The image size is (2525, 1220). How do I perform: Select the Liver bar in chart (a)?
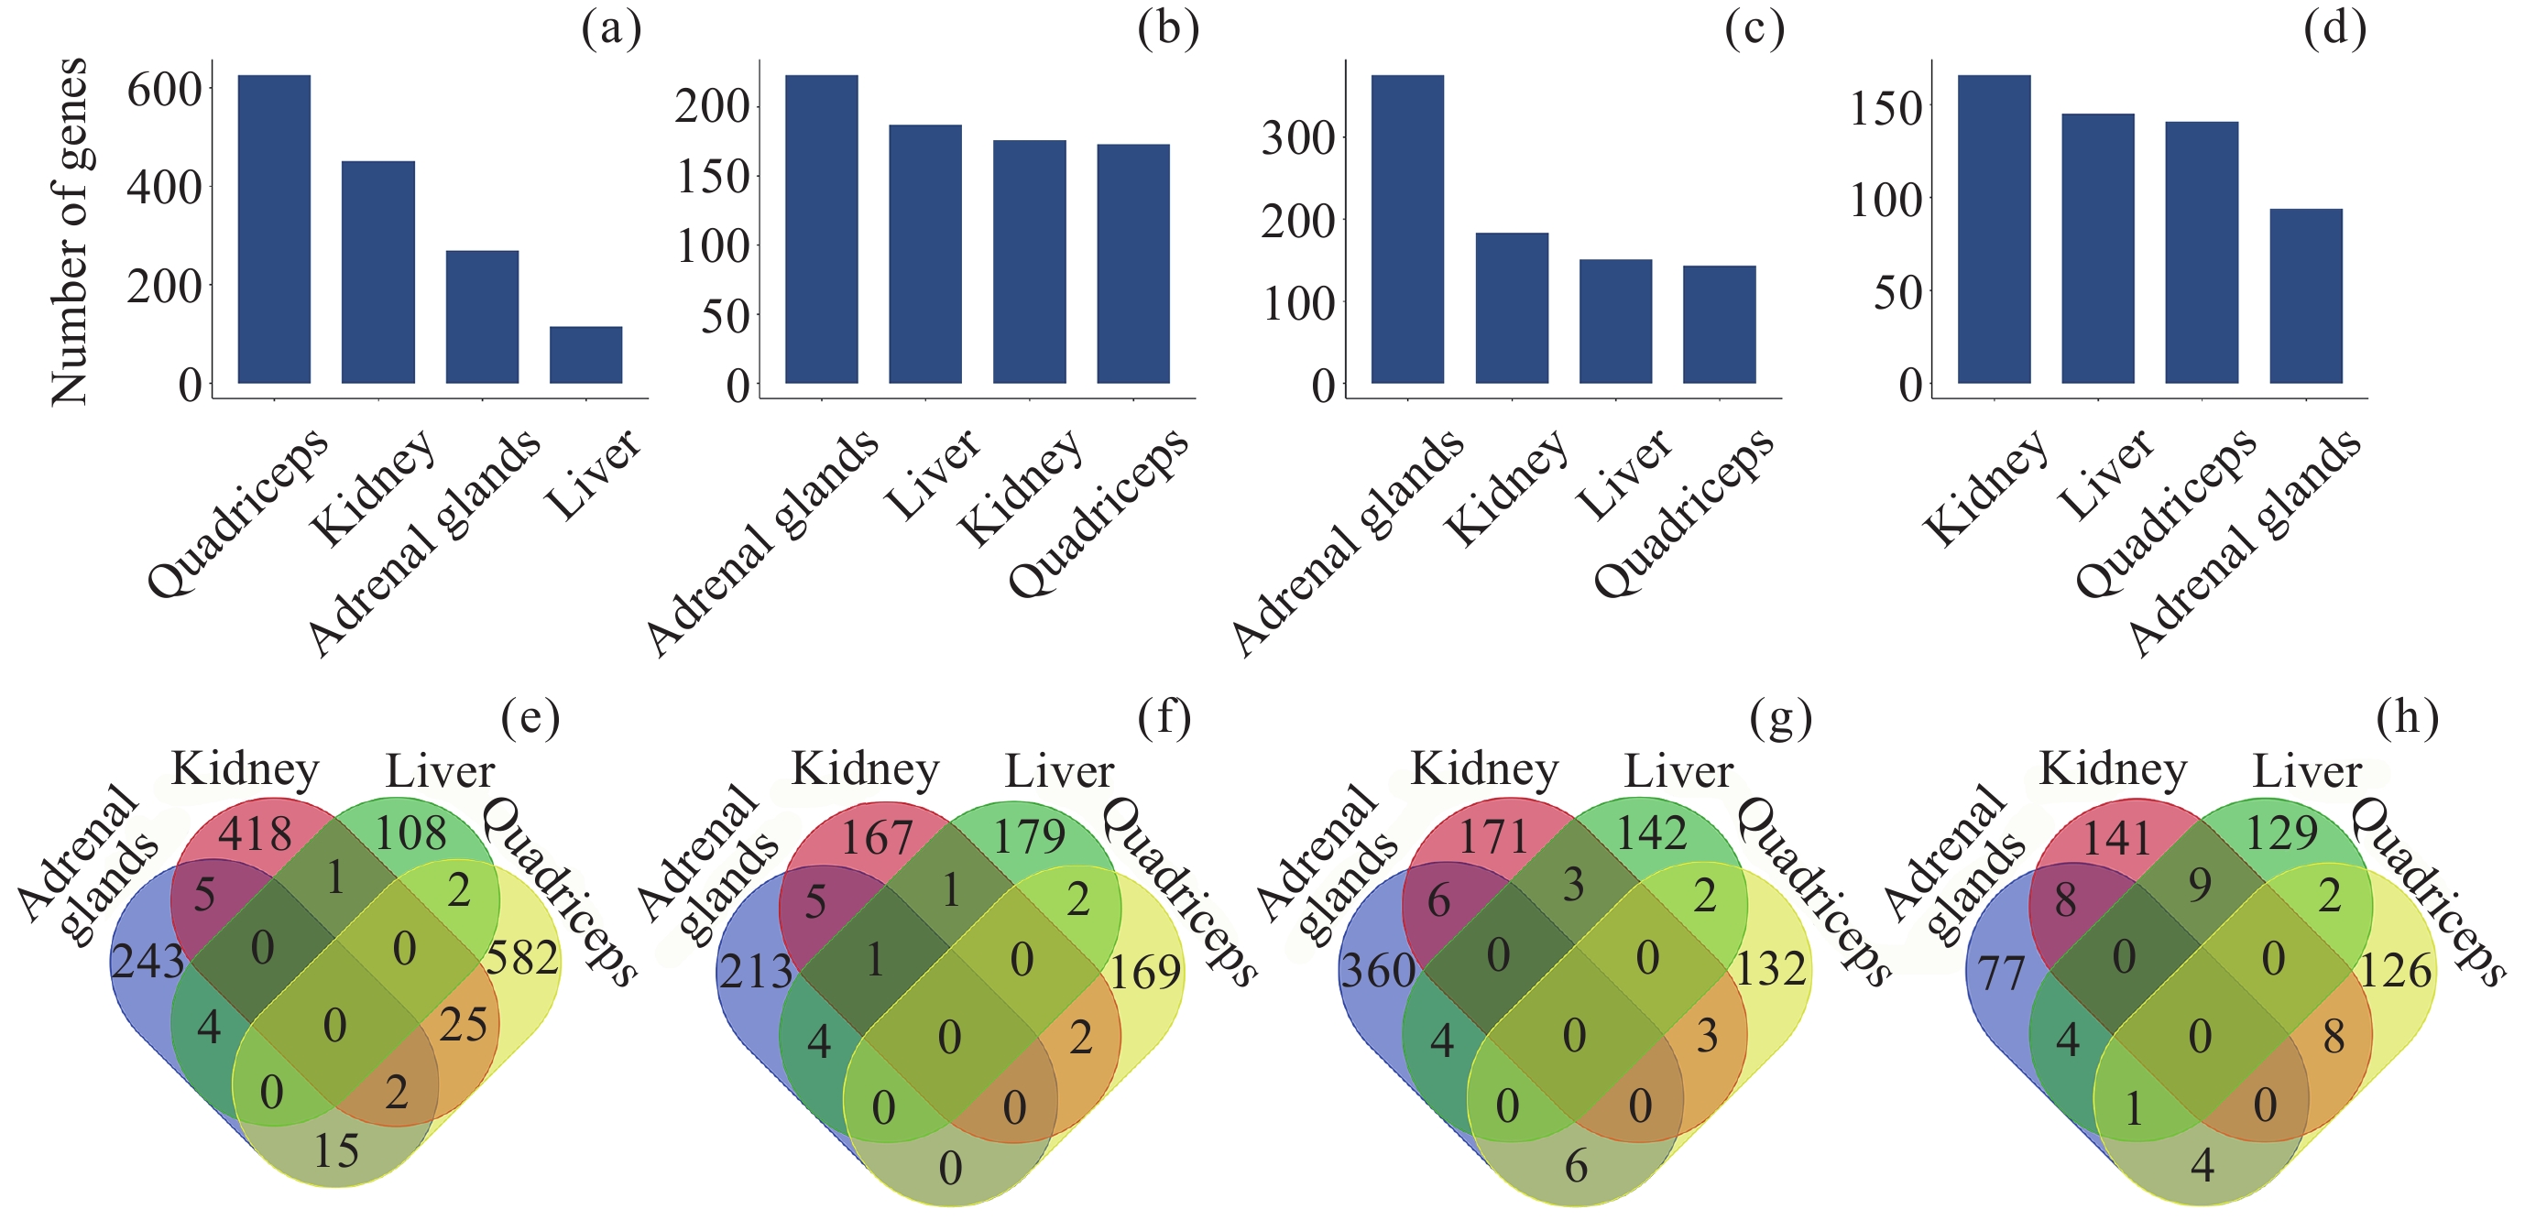[585, 354]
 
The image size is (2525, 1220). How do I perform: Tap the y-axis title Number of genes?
[70, 231]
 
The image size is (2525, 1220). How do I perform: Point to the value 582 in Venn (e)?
[522, 957]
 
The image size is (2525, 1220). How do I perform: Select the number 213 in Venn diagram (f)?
[756, 972]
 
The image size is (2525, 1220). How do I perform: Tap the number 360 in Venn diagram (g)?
[1377, 970]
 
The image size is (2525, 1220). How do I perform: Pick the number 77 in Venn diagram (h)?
[2001, 973]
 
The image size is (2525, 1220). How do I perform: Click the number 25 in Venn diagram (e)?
[463, 1025]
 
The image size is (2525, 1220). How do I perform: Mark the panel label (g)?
[1780, 718]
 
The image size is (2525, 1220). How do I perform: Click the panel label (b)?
[1167, 29]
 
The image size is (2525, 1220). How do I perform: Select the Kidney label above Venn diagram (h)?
[2113, 769]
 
